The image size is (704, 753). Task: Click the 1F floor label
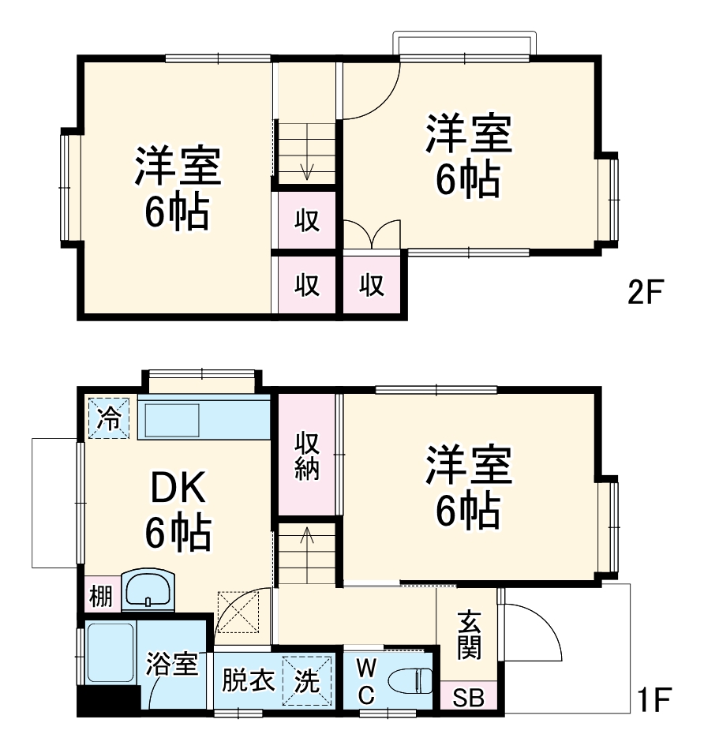654,699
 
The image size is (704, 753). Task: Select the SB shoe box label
468,699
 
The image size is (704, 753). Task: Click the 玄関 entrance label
467,636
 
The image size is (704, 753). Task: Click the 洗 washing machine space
306,680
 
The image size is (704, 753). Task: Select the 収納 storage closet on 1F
307,455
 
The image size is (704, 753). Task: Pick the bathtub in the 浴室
110,654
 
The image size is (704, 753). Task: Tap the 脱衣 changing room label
244,680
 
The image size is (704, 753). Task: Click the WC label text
366,681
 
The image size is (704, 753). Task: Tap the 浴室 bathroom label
171,663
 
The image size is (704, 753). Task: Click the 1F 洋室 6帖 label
469,489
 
